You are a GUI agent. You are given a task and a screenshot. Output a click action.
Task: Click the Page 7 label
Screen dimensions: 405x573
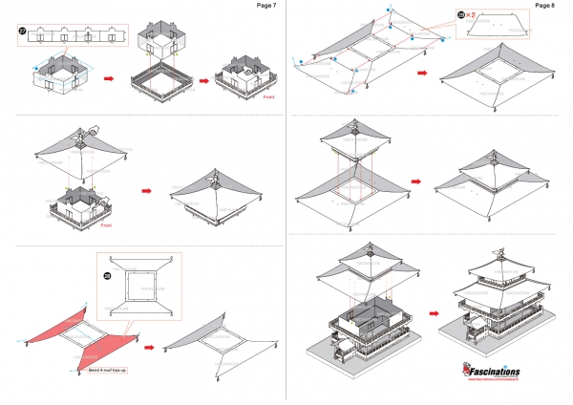tap(267, 6)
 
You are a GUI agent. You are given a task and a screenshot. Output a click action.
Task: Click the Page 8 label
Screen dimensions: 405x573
tap(545, 6)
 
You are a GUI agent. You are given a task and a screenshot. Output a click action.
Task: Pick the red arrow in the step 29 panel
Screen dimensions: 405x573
tap(424, 72)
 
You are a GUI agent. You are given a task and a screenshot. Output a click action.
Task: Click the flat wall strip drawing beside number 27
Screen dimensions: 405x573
tap(76, 35)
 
